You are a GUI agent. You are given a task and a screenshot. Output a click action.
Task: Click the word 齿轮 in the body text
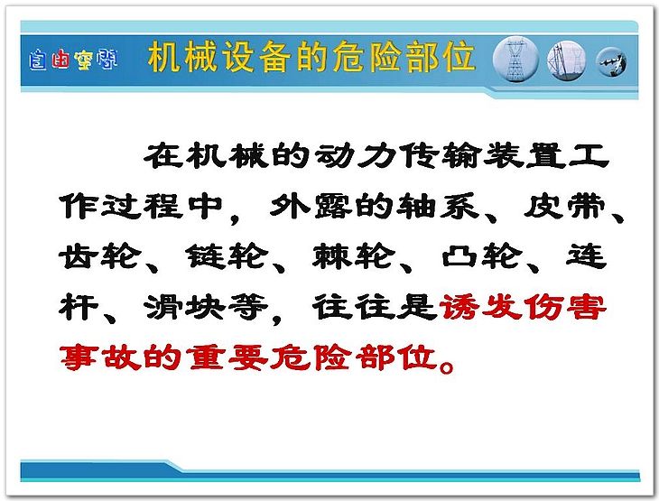click(x=100, y=256)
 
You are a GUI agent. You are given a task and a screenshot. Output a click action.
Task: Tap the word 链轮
click(x=227, y=256)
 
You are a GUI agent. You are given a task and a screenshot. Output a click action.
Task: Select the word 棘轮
click(x=354, y=256)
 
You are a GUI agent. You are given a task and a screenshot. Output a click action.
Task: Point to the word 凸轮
click(x=482, y=256)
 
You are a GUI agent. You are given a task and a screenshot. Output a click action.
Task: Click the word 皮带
click(x=565, y=206)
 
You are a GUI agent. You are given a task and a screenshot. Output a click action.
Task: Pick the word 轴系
click(x=438, y=206)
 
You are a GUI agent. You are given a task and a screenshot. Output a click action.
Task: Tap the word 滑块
click(x=185, y=307)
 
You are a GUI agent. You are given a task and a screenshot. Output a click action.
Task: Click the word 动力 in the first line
click(x=354, y=156)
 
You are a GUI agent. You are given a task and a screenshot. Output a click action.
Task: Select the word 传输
click(x=440, y=156)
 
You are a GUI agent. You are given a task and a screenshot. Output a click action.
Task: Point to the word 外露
click(x=311, y=206)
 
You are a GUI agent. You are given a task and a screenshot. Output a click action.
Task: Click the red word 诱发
click(x=480, y=307)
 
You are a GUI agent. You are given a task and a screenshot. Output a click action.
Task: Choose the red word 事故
click(x=100, y=357)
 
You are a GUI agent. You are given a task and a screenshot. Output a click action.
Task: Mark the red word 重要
click(x=227, y=357)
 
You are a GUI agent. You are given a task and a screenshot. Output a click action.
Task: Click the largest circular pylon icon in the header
click(x=515, y=59)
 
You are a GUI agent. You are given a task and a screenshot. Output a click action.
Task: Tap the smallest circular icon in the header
click(x=611, y=61)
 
